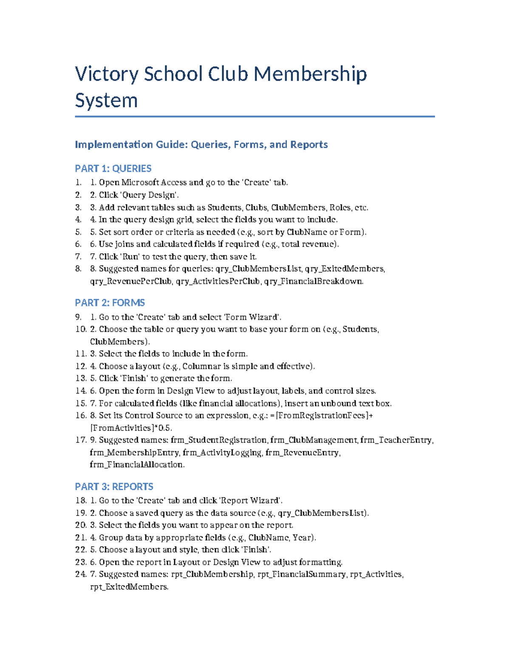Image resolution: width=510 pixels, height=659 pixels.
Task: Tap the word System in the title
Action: (106, 101)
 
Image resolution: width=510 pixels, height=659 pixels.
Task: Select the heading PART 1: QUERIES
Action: (113, 168)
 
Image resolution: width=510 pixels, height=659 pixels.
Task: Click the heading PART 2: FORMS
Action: (110, 303)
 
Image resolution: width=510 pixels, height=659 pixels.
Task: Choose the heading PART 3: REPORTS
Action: (114, 486)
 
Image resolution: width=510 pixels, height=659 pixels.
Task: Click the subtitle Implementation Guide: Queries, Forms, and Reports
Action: (201, 144)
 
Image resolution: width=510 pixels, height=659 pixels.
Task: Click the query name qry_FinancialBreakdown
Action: (313, 281)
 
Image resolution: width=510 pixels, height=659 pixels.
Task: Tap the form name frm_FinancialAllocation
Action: (137, 465)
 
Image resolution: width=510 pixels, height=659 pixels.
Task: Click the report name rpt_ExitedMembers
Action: (129, 587)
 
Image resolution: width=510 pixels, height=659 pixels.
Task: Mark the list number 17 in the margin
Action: (81, 440)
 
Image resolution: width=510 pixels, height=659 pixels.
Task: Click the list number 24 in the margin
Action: (81, 574)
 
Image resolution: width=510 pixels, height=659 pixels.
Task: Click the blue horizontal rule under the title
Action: (255, 116)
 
